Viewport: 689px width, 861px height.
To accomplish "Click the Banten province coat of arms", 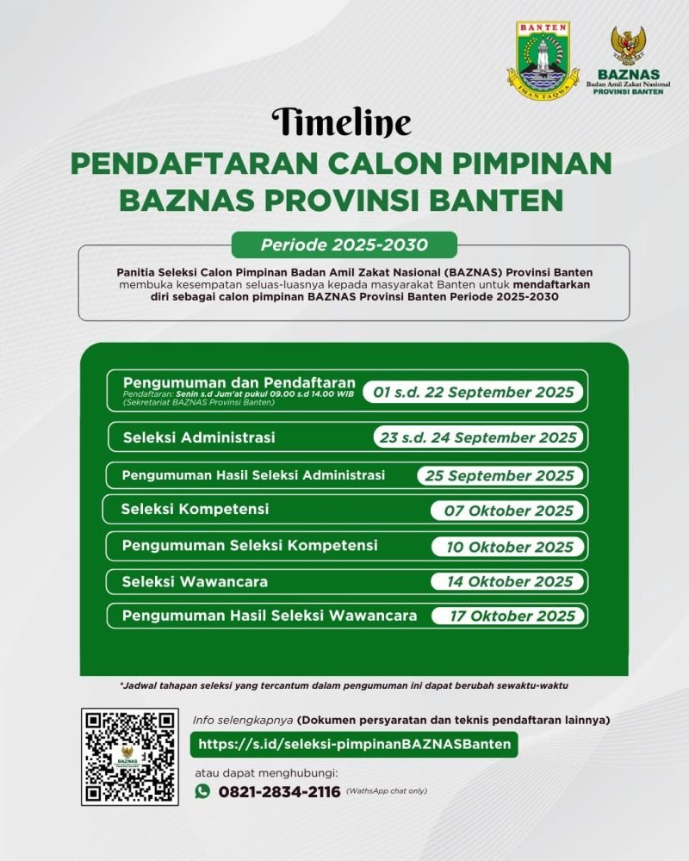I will click(543, 61).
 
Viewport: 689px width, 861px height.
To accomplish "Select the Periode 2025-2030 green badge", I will click(344, 245).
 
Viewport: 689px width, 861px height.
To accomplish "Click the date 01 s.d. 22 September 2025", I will click(473, 393).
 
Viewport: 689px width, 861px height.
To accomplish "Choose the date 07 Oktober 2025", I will click(508, 511).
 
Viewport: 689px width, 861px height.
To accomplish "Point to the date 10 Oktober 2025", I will click(509, 547).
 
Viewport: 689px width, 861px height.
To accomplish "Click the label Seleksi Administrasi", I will click(199, 437).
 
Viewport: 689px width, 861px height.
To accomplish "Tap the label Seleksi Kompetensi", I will click(195, 509).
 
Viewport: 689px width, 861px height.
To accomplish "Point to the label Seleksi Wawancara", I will click(195, 581).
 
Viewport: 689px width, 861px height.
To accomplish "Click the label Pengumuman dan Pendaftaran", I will click(239, 381).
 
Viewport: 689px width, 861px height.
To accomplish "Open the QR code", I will click(128, 757).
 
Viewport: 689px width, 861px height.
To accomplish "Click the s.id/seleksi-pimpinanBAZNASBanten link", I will click(354, 744).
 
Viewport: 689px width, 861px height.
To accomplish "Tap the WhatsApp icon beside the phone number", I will click(202, 791).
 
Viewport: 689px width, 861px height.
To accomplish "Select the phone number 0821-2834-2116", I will click(279, 792).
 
